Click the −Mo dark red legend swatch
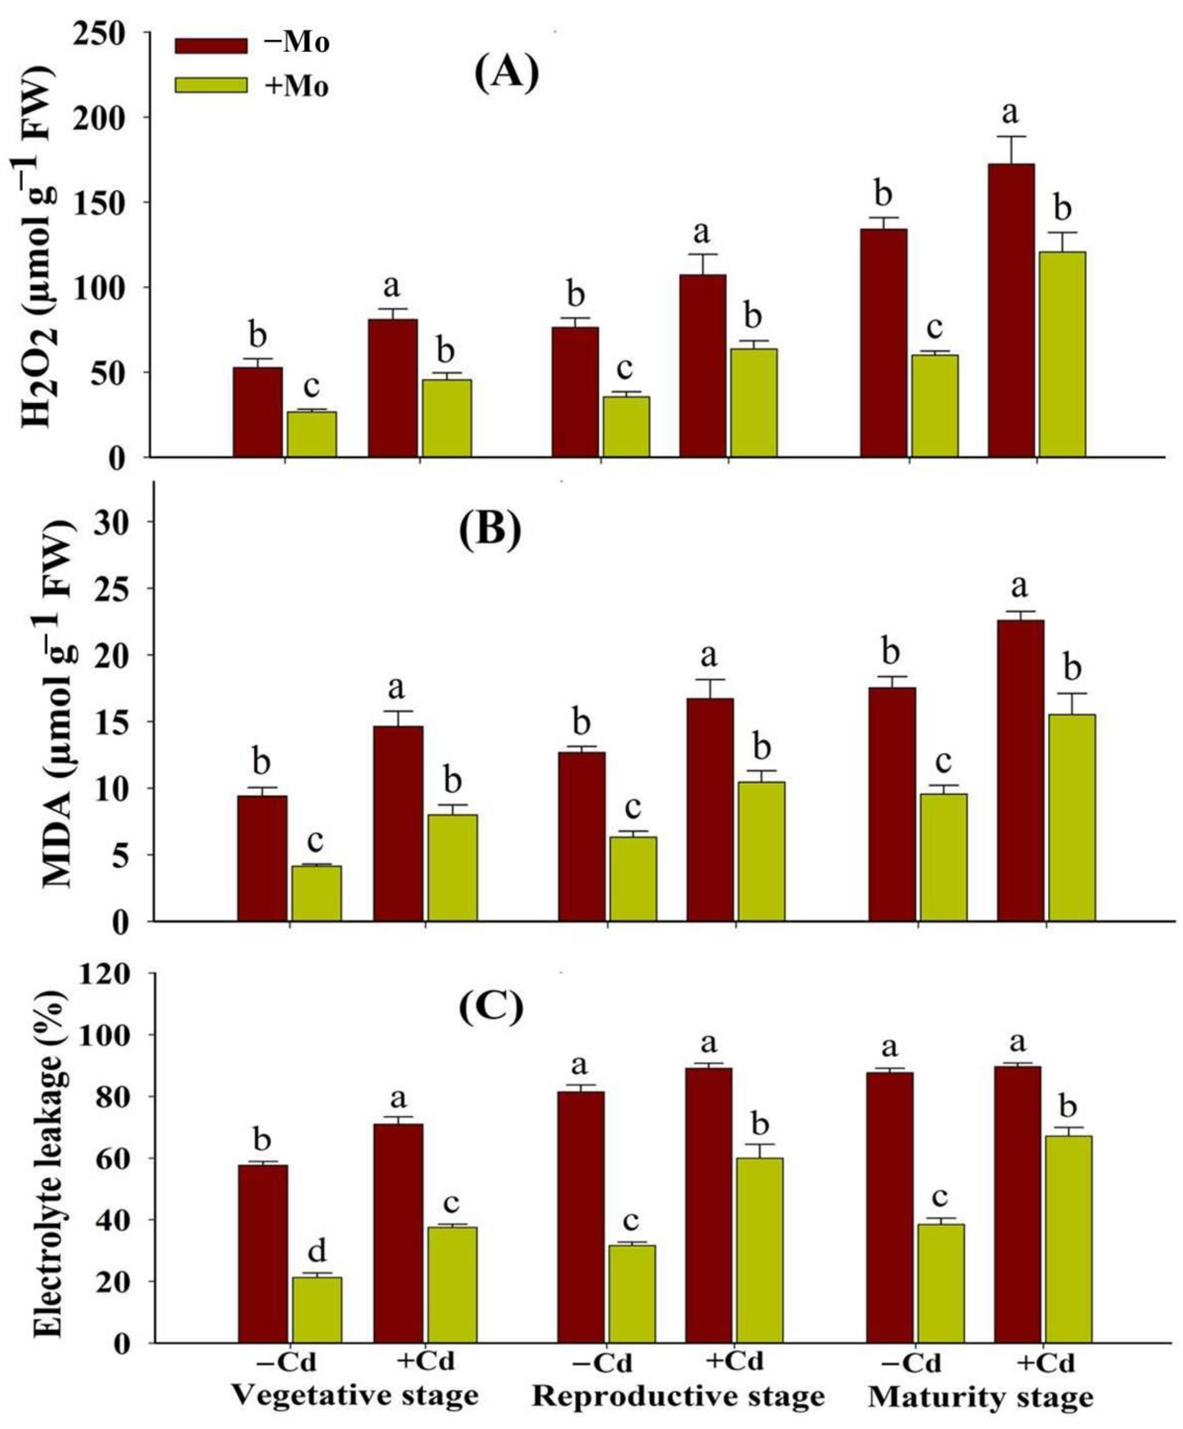click(x=211, y=45)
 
